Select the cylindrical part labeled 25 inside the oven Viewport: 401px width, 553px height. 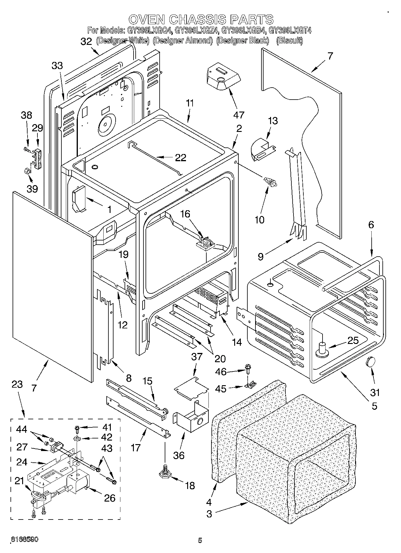(322, 349)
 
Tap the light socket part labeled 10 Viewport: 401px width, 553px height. (270, 182)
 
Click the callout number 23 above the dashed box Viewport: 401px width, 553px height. (17, 384)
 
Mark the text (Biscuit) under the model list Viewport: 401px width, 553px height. (289, 40)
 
